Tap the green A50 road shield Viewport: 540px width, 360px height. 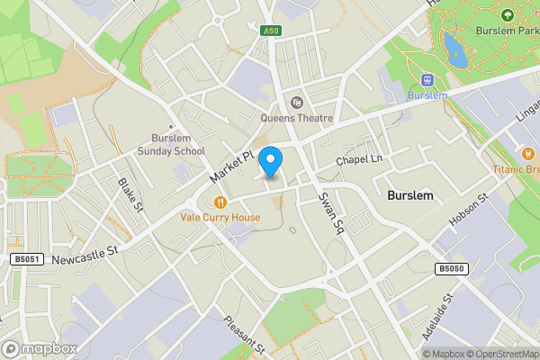(271, 31)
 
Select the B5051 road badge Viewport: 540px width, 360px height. (27, 259)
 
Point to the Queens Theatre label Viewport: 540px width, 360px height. (297, 118)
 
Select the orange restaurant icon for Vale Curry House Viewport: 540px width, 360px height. (220, 202)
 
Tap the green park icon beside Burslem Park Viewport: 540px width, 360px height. (507, 15)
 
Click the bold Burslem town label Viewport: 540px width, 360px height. (410, 194)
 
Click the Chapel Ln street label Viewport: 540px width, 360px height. (360, 160)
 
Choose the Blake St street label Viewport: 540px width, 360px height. (131, 195)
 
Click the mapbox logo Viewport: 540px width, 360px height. (40, 348)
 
